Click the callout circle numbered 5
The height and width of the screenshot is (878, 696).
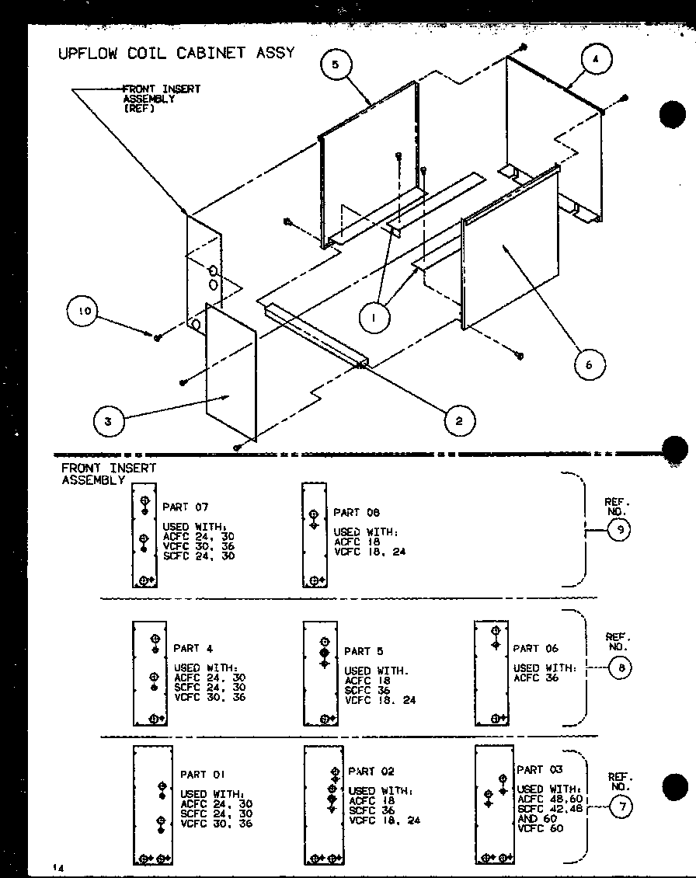point(336,65)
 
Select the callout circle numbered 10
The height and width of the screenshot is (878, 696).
point(85,312)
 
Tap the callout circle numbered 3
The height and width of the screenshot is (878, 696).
point(108,422)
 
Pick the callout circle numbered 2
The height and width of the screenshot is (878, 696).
point(459,421)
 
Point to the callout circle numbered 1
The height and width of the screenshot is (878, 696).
point(375,317)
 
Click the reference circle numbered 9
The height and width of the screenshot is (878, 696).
point(619,530)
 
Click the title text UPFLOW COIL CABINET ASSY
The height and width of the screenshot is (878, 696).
point(176,53)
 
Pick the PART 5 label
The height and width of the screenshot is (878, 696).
point(364,651)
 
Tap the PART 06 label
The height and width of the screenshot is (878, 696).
point(535,648)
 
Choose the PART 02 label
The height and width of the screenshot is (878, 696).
point(371,772)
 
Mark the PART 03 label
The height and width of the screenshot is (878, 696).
point(539,769)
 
